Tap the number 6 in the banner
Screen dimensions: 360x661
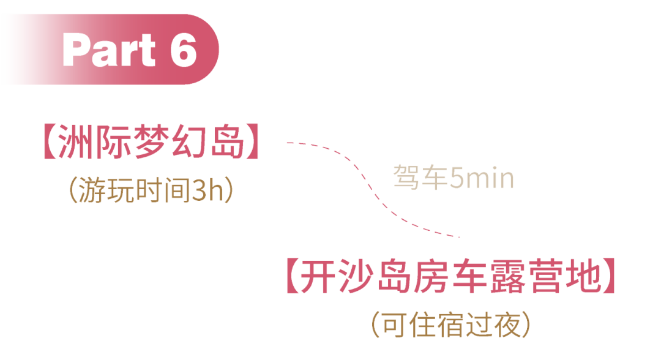click(183, 50)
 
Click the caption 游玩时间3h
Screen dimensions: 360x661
click(151, 192)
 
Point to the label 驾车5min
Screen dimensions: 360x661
click(453, 179)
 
